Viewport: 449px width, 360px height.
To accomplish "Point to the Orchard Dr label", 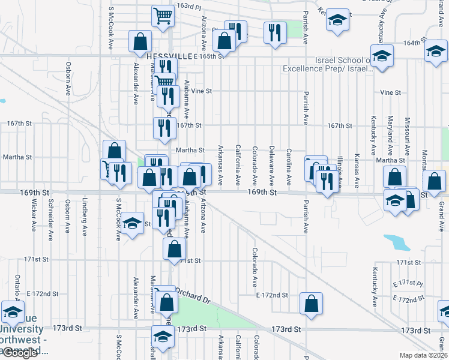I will pyautogui.click(x=195, y=299).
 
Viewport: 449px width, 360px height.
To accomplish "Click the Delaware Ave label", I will pyautogui.click(x=272, y=165).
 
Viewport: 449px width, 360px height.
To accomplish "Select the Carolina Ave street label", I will pyautogui.click(x=289, y=166).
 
